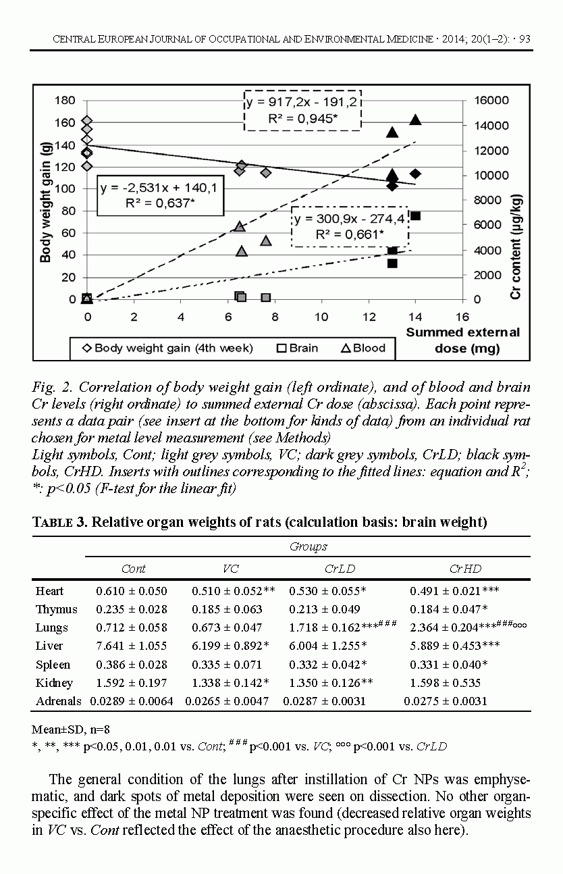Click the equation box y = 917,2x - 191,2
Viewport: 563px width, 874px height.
click(x=302, y=110)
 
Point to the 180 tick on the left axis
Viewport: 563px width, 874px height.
click(x=65, y=101)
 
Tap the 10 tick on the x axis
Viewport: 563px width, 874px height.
click(x=321, y=317)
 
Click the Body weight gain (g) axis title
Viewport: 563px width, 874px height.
click(x=45, y=201)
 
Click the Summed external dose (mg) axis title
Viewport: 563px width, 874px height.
click(x=462, y=340)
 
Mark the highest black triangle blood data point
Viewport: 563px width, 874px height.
click(x=415, y=120)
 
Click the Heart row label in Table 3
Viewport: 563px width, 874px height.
click(x=50, y=591)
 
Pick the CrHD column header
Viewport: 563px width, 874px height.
click(x=465, y=569)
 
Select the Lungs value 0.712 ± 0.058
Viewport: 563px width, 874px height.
click(x=131, y=627)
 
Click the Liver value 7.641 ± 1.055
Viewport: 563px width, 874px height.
click(x=131, y=646)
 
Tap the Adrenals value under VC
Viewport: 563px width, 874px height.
click(x=227, y=701)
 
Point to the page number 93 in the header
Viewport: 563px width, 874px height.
click(x=524, y=39)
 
